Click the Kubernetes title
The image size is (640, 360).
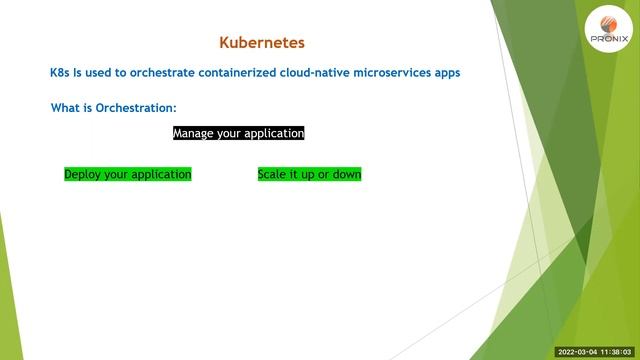pyautogui.click(x=261, y=43)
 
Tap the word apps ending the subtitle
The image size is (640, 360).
pyautogui.click(x=447, y=73)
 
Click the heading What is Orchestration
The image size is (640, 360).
pyautogui.click(x=114, y=107)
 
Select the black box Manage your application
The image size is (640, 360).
pyautogui.click(x=238, y=133)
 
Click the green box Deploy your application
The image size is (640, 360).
pyautogui.click(x=127, y=174)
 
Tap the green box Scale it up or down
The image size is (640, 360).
pyautogui.click(x=309, y=174)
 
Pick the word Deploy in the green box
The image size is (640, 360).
pyautogui.click(x=82, y=174)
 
